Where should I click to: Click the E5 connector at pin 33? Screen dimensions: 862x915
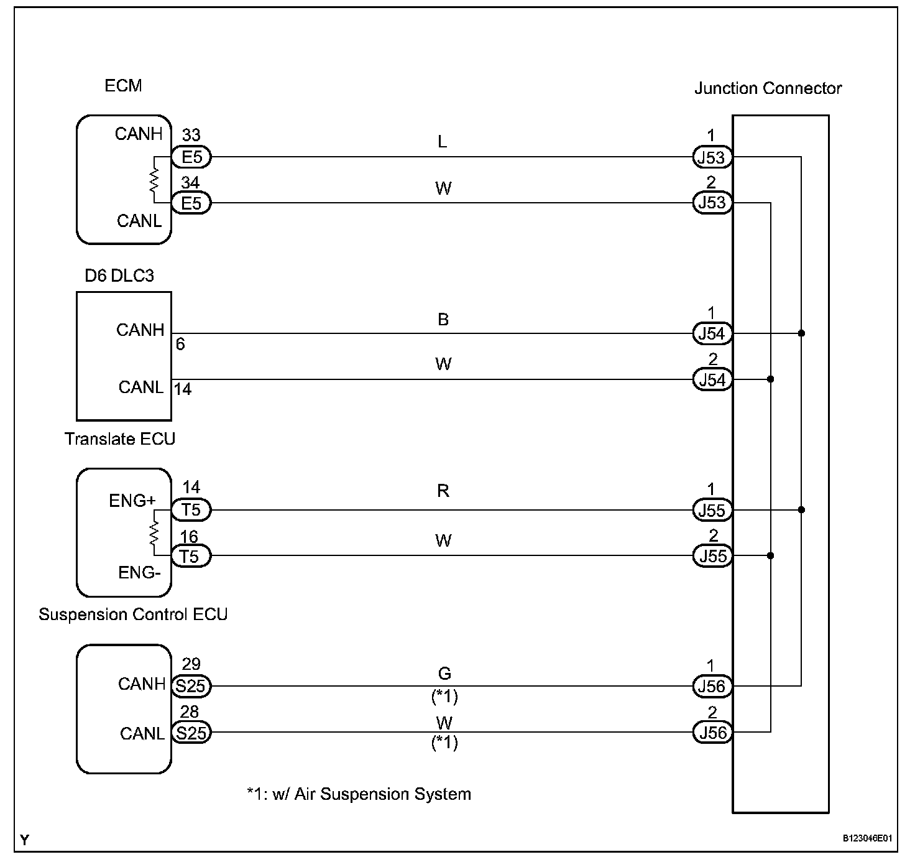point(191,157)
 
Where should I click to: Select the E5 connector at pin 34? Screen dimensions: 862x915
point(191,203)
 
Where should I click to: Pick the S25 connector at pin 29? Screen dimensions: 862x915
point(191,687)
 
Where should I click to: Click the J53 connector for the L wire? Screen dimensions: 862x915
point(712,157)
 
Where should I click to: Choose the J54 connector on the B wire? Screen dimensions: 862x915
point(712,334)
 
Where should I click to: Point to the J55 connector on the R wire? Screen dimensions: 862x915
point(712,511)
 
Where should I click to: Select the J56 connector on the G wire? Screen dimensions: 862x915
point(712,687)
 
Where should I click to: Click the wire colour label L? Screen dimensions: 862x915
point(443,142)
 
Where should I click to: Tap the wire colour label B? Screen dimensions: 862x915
point(443,319)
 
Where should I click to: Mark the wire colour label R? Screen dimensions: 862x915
point(443,491)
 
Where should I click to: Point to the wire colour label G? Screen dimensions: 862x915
point(444,674)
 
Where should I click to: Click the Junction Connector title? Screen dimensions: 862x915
point(768,88)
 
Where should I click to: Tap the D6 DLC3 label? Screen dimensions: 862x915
point(119,276)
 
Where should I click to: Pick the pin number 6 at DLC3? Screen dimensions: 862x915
point(180,345)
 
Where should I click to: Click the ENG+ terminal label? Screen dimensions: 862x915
point(132,501)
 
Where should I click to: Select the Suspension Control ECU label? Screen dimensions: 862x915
point(133,614)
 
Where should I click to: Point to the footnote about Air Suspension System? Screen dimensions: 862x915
point(359,794)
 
